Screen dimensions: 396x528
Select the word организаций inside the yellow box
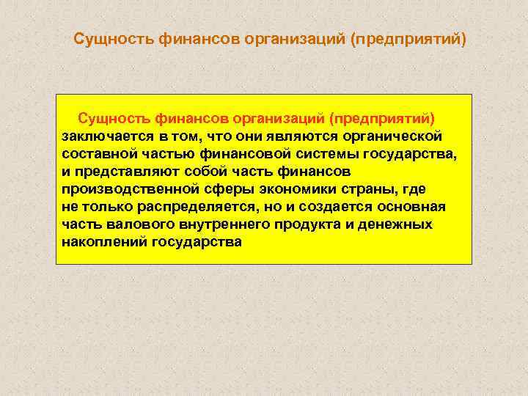point(278,118)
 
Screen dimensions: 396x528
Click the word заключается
point(103,136)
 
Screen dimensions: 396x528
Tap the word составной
point(95,153)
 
